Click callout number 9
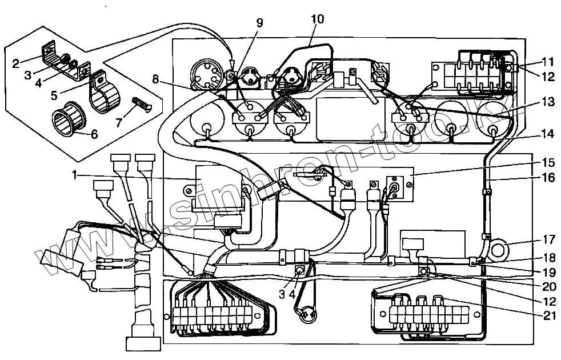point(260,23)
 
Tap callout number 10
point(317,19)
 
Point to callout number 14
point(547,135)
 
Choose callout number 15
point(547,162)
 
